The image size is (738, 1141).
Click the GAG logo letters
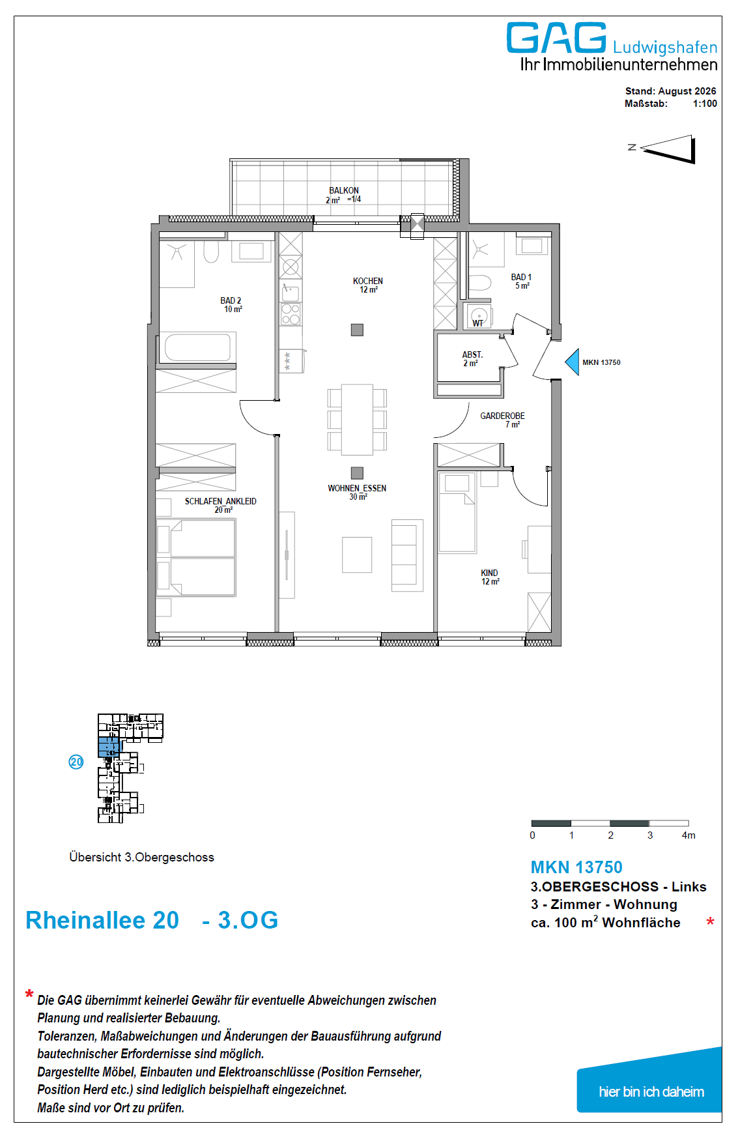pos(556,38)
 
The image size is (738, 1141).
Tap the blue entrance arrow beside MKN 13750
pos(573,362)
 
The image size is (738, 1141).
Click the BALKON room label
pos(344,190)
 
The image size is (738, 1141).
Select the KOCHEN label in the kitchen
pos(368,281)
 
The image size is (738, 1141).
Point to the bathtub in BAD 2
pos(198,347)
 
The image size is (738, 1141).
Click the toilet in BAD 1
pos(480,283)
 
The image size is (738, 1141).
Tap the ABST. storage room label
pos(472,355)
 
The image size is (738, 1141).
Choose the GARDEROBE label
pos(502,416)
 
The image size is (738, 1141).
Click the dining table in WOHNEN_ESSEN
pos(357,420)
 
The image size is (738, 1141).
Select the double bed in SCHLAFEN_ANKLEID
pos(196,557)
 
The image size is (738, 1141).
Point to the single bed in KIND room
pos(457,513)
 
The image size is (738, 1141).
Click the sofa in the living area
pos(407,555)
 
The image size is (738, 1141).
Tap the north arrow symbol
pos(669,149)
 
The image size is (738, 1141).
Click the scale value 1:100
pos(705,104)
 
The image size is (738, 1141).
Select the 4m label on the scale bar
pos(688,835)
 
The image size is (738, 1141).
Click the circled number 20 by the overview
pos(76,762)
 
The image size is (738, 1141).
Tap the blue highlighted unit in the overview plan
pos(109,747)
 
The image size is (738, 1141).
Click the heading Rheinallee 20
pos(102,920)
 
